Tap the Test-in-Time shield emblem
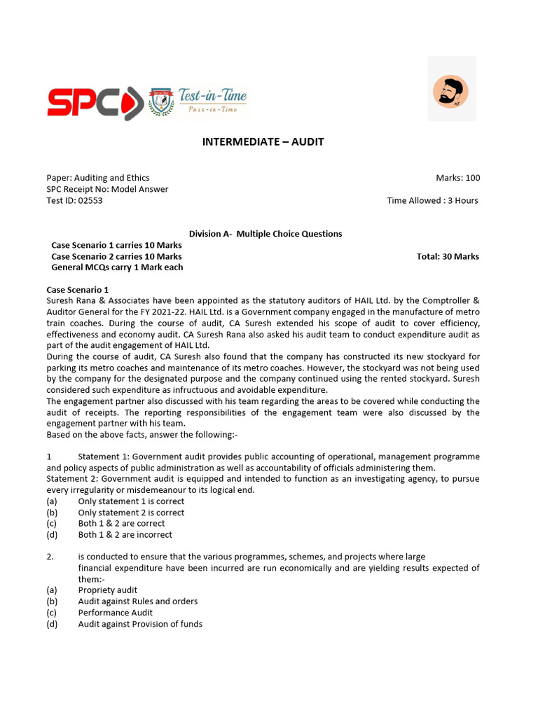click(157, 102)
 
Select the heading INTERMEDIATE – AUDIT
click(263, 142)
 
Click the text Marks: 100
click(457, 178)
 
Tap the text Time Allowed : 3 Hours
click(432, 200)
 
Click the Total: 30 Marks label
click(448, 256)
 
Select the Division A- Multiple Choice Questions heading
click(265, 234)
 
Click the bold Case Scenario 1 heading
click(78, 289)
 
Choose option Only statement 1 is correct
click(131, 501)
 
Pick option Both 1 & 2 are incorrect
click(125, 535)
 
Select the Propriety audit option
click(107, 590)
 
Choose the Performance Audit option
click(115, 613)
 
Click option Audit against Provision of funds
click(140, 624)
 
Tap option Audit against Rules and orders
click(137, 601)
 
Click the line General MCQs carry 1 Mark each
click(117, 267)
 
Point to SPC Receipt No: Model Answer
click(107, 189)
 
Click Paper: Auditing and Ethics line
click(97, 178)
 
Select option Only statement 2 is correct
click(131, 513)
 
